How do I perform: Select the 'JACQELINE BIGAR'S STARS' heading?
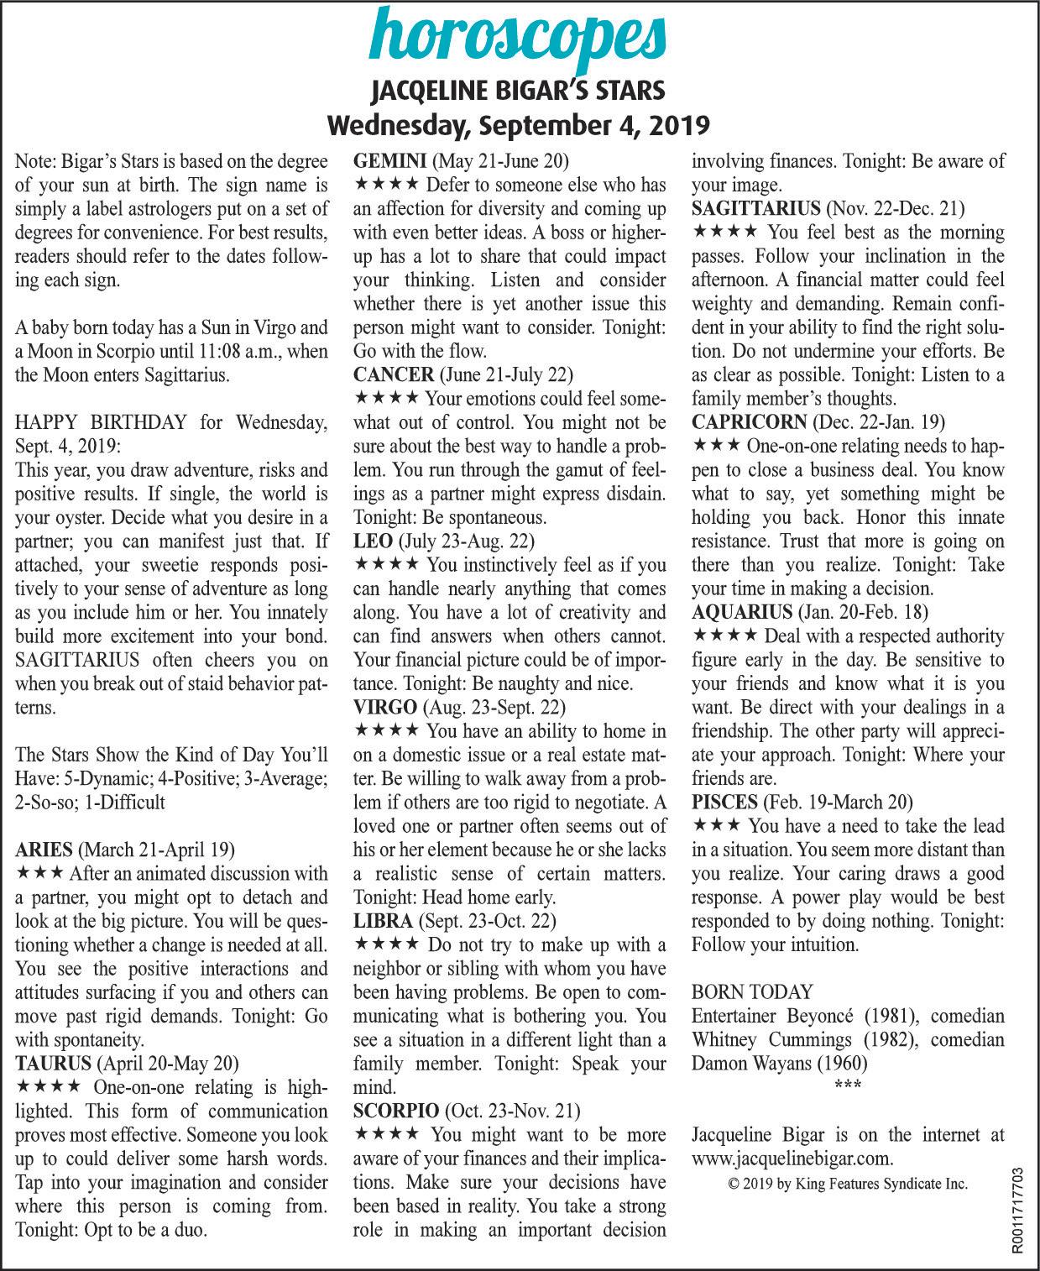point(520,90)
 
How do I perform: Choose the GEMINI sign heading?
point(389,160)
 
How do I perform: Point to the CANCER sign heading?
point(394,374)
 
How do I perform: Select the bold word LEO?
point(373,541)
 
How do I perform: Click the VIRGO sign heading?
point(385,707)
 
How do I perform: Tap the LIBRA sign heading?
point(383,921)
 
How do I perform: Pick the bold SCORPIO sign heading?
point(396,1111)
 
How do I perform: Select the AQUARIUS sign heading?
point(741,612)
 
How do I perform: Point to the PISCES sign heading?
point(724,803)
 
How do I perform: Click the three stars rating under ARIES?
point(40,873)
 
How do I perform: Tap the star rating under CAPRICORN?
point(716,445)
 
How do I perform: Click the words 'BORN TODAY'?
point(751,992)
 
